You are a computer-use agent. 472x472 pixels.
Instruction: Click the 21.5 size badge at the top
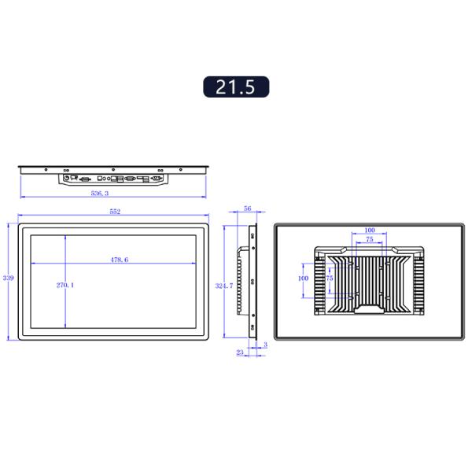click(x=236, y=87)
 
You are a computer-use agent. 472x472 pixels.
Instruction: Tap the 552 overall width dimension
click(x=114, y=212)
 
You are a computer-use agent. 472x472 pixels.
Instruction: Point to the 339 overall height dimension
click(x=9, y=278)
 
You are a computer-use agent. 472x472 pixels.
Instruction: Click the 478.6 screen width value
click(x=119, y=259)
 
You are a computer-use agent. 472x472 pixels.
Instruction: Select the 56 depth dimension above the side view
click(x=247, y=209)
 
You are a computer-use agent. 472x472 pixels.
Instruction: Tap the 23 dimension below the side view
click(x=239, y=353)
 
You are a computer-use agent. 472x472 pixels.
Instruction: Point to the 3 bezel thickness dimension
click(x=265, y=345)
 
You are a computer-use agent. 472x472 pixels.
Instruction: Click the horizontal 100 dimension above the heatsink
click(x=370, y=231)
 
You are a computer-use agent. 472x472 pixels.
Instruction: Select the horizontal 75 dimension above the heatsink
click(x=370, y=239)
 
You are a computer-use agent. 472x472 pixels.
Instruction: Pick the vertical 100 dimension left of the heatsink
click(x=303, y=278)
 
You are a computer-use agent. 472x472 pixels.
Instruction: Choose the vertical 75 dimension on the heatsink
click(x=330, y=278)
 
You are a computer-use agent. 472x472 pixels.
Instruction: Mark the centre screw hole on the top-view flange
click(x=113, y=169)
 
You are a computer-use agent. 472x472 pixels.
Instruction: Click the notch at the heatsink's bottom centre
click(x=370, y=310)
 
